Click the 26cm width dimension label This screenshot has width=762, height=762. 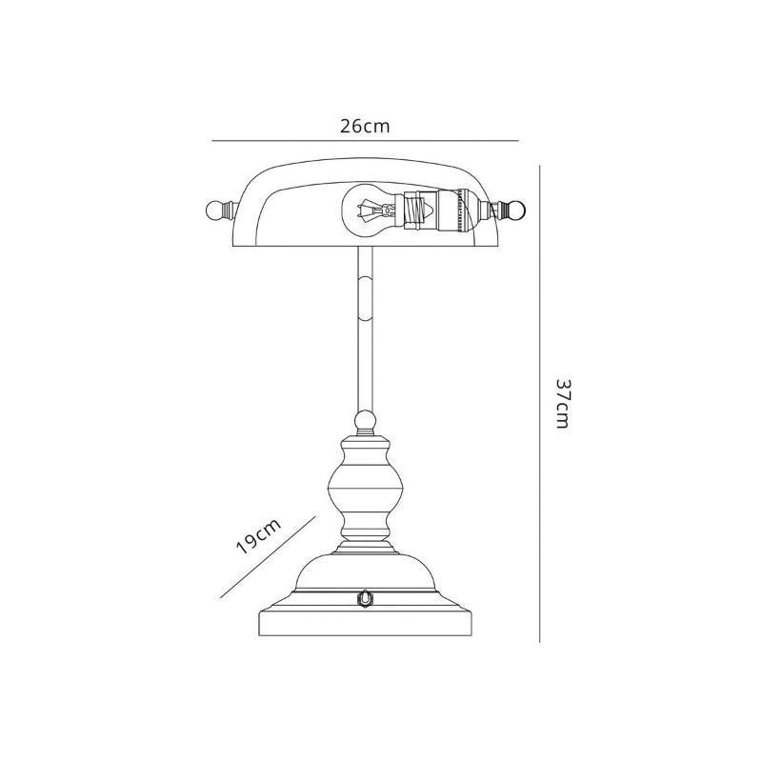[x=365, y=126]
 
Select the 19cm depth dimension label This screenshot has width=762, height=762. [x=257, y=539]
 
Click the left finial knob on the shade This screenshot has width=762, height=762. [x=214, y=209]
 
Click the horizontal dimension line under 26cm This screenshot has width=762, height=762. [x=365, y=141]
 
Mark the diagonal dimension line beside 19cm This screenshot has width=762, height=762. [x=267, y=559]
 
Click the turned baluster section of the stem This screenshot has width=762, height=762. [x=365, y=491]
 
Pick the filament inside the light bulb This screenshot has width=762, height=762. [x=363, y=209]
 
